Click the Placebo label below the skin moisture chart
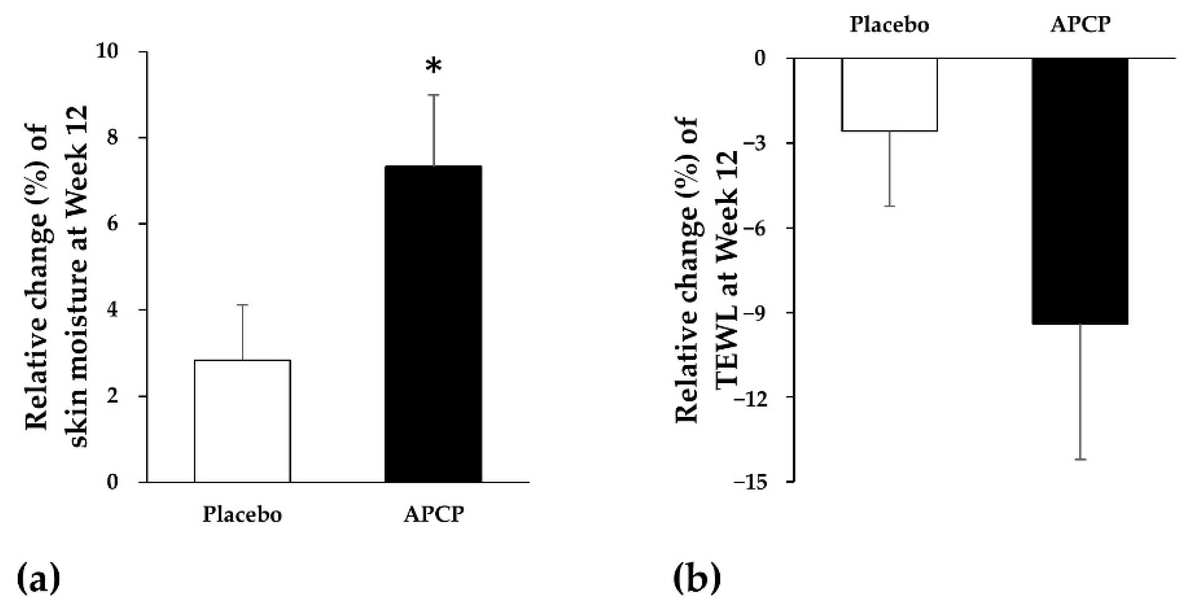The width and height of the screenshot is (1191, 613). (x=242, y=514)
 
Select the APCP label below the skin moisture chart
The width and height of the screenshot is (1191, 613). (x=433, y=514)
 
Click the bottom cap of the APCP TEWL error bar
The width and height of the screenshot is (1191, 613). (x=1080, y=460)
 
